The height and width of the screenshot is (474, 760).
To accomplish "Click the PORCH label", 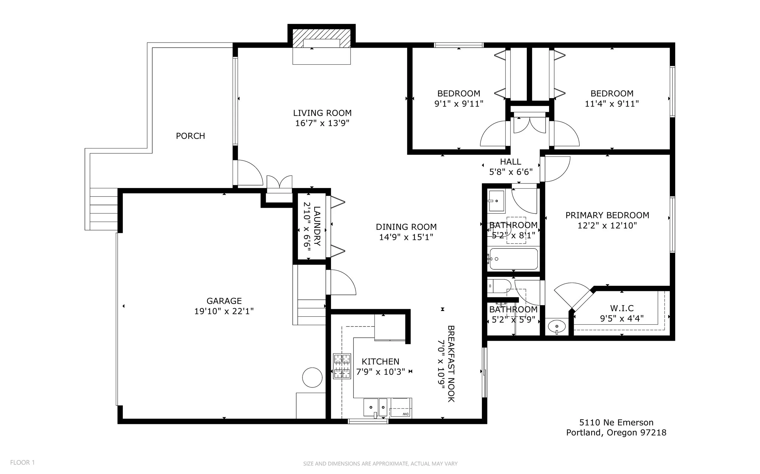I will (x=190, y=136).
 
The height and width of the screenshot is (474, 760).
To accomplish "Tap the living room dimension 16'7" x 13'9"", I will (x=322, y=123).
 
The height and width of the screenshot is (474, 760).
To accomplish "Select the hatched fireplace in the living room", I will (x=321, y=38).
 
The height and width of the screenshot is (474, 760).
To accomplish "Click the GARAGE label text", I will (x=224, y=301).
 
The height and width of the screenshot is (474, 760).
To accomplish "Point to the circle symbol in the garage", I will (x=312, y=377).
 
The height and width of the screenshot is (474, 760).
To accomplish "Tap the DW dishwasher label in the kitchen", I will (x=406, y=414).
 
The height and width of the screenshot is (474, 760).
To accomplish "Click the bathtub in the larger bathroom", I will (x=513, y=259).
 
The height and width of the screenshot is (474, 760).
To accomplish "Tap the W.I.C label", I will (x=622, y=308).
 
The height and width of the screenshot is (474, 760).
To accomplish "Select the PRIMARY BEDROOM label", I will (x=607, y=215).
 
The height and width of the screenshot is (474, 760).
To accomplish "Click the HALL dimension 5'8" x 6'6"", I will (x=511, y=172).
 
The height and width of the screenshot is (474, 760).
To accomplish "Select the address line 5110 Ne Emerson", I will (x=616, y=423).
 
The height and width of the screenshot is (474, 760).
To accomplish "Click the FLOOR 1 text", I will (x=22, y=462).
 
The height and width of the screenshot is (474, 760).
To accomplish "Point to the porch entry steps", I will (x=104, y=209).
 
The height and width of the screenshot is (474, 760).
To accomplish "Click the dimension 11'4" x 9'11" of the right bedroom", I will (x=612, y=104).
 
